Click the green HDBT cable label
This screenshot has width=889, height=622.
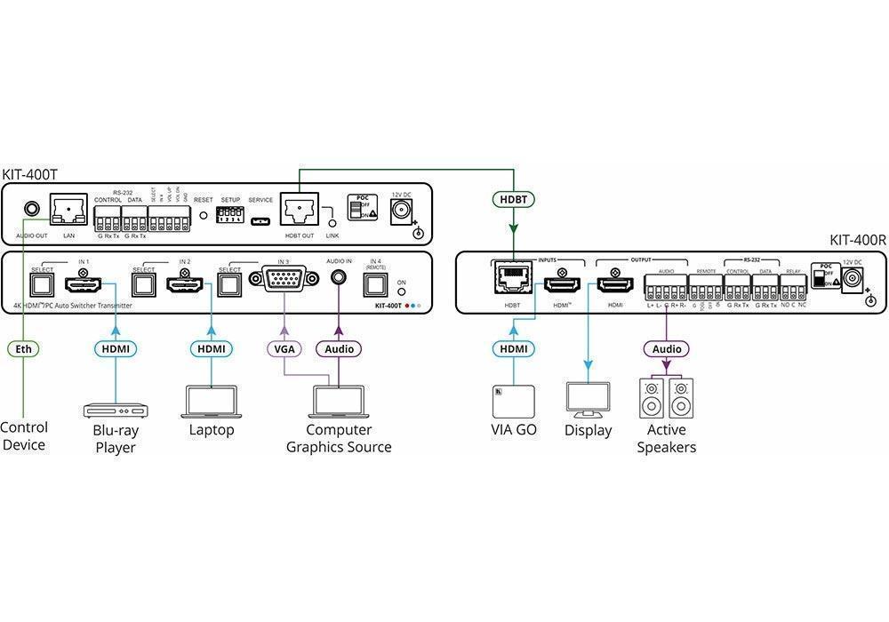coord(514,199)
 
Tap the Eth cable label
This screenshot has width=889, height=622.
coord(24,349)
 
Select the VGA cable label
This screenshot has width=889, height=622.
coord(284,349)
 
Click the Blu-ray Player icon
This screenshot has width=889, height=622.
coord(116,410)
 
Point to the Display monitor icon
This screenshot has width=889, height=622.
coord(588,401)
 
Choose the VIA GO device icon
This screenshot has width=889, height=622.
coord(514,403)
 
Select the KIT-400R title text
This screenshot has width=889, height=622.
coord(858,239)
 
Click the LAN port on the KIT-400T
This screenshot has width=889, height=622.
coord(68,210)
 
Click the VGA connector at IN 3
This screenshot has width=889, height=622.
coord(284,283)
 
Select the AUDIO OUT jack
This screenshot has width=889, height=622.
coord(31,211)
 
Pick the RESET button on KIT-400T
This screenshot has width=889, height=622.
coord(204,216)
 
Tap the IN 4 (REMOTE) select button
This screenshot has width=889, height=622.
coord(375,284)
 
